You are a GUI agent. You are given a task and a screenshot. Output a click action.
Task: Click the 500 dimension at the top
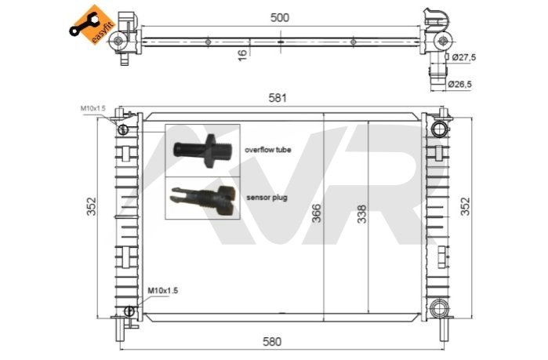pos(280,17)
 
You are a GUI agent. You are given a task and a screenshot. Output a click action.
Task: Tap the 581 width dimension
pos(278,98)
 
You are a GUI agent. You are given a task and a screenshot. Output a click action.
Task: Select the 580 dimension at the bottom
pos(271,341)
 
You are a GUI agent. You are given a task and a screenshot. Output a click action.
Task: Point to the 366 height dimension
pos(316,213)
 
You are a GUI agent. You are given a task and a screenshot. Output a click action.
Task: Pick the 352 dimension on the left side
pos(91,206)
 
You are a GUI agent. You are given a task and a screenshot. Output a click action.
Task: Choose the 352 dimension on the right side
pos(466,206)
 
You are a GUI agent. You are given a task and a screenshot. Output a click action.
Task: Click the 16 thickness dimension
pos(242,55)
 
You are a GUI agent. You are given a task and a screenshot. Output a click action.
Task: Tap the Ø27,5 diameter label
pos(464,57)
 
